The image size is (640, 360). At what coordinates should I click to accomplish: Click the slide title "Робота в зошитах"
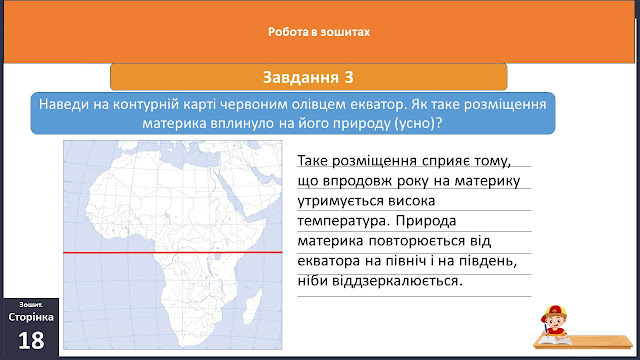click(319, 32)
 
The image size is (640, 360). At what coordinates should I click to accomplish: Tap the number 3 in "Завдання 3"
click(348, 77)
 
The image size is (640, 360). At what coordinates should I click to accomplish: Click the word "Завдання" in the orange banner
click(300, 77)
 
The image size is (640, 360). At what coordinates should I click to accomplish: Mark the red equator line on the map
click(173, 253)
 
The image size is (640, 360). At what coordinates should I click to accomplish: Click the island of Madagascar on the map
click(252, 306)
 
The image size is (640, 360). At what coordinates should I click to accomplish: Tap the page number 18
click(31, 340)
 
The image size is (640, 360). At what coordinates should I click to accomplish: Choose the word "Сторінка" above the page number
click(31, 317)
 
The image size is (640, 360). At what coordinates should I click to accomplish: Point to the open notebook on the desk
click(555, 340)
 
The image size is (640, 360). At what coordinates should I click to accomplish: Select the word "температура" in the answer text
click(342, 221)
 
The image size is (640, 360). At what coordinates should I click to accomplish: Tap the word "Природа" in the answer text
click(426, 221)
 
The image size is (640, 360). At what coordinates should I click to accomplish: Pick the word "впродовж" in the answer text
click(356, 181)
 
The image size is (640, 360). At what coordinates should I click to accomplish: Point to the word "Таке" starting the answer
click(312, 161)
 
